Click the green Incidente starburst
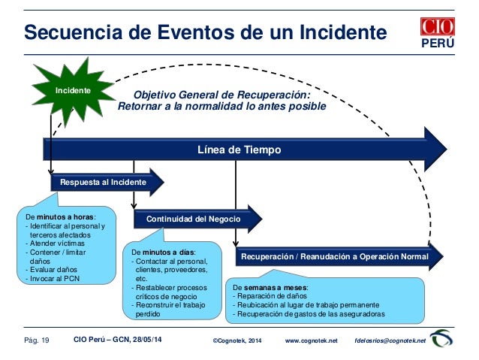74,91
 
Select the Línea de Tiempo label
238,150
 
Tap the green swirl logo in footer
441,340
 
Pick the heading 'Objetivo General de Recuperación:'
221,95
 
